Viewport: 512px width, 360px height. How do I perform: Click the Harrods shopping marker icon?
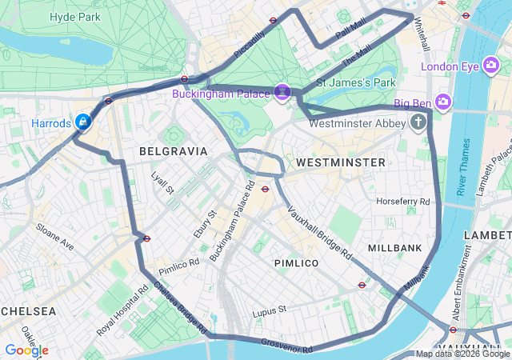82,122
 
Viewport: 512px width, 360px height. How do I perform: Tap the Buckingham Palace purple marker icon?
282,93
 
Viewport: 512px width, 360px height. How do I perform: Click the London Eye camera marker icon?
490,66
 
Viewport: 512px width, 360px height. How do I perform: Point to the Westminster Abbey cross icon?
418,122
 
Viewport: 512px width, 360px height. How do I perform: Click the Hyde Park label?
74,17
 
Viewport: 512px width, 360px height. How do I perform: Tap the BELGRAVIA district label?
173,151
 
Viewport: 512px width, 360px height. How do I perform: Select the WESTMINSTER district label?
340,162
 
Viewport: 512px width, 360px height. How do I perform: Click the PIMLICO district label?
296,263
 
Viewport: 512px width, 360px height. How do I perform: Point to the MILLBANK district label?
394,249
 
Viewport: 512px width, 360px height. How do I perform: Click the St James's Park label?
356,82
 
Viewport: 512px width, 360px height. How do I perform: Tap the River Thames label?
462,167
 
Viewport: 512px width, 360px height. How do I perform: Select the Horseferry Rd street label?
402,202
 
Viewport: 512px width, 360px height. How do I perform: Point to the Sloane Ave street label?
55,238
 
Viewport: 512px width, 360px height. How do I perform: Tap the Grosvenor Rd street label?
286,346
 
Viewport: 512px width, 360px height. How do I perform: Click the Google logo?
26,350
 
